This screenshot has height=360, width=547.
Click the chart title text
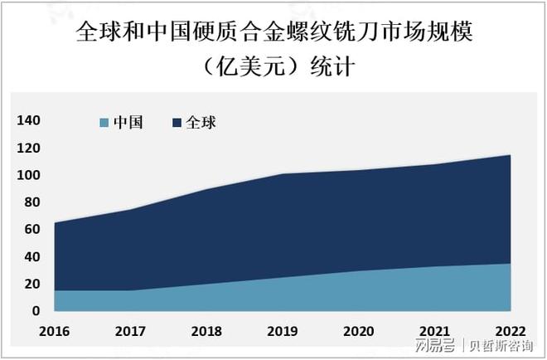pos(273,49)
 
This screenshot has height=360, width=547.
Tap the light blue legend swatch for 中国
pos(104,123)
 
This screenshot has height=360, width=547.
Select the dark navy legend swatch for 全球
pos(177,123)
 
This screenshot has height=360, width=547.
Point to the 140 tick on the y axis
pos(29,121)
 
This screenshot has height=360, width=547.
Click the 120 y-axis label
pos(29,148)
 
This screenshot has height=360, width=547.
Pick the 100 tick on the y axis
pos(29,176)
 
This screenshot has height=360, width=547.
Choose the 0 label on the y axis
pos(36,311)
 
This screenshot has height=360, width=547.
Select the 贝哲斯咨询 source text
pos(502,345)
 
